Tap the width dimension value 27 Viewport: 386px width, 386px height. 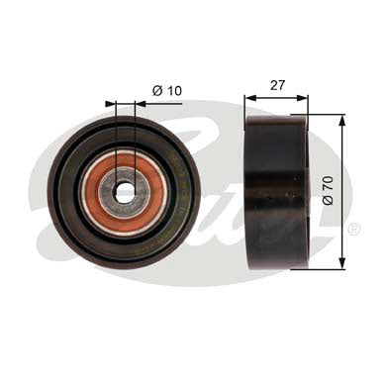[x=276, y=86]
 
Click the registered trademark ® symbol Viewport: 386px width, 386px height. [x=353, y=231]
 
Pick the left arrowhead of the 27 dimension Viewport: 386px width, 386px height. [x=249, y=97]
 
